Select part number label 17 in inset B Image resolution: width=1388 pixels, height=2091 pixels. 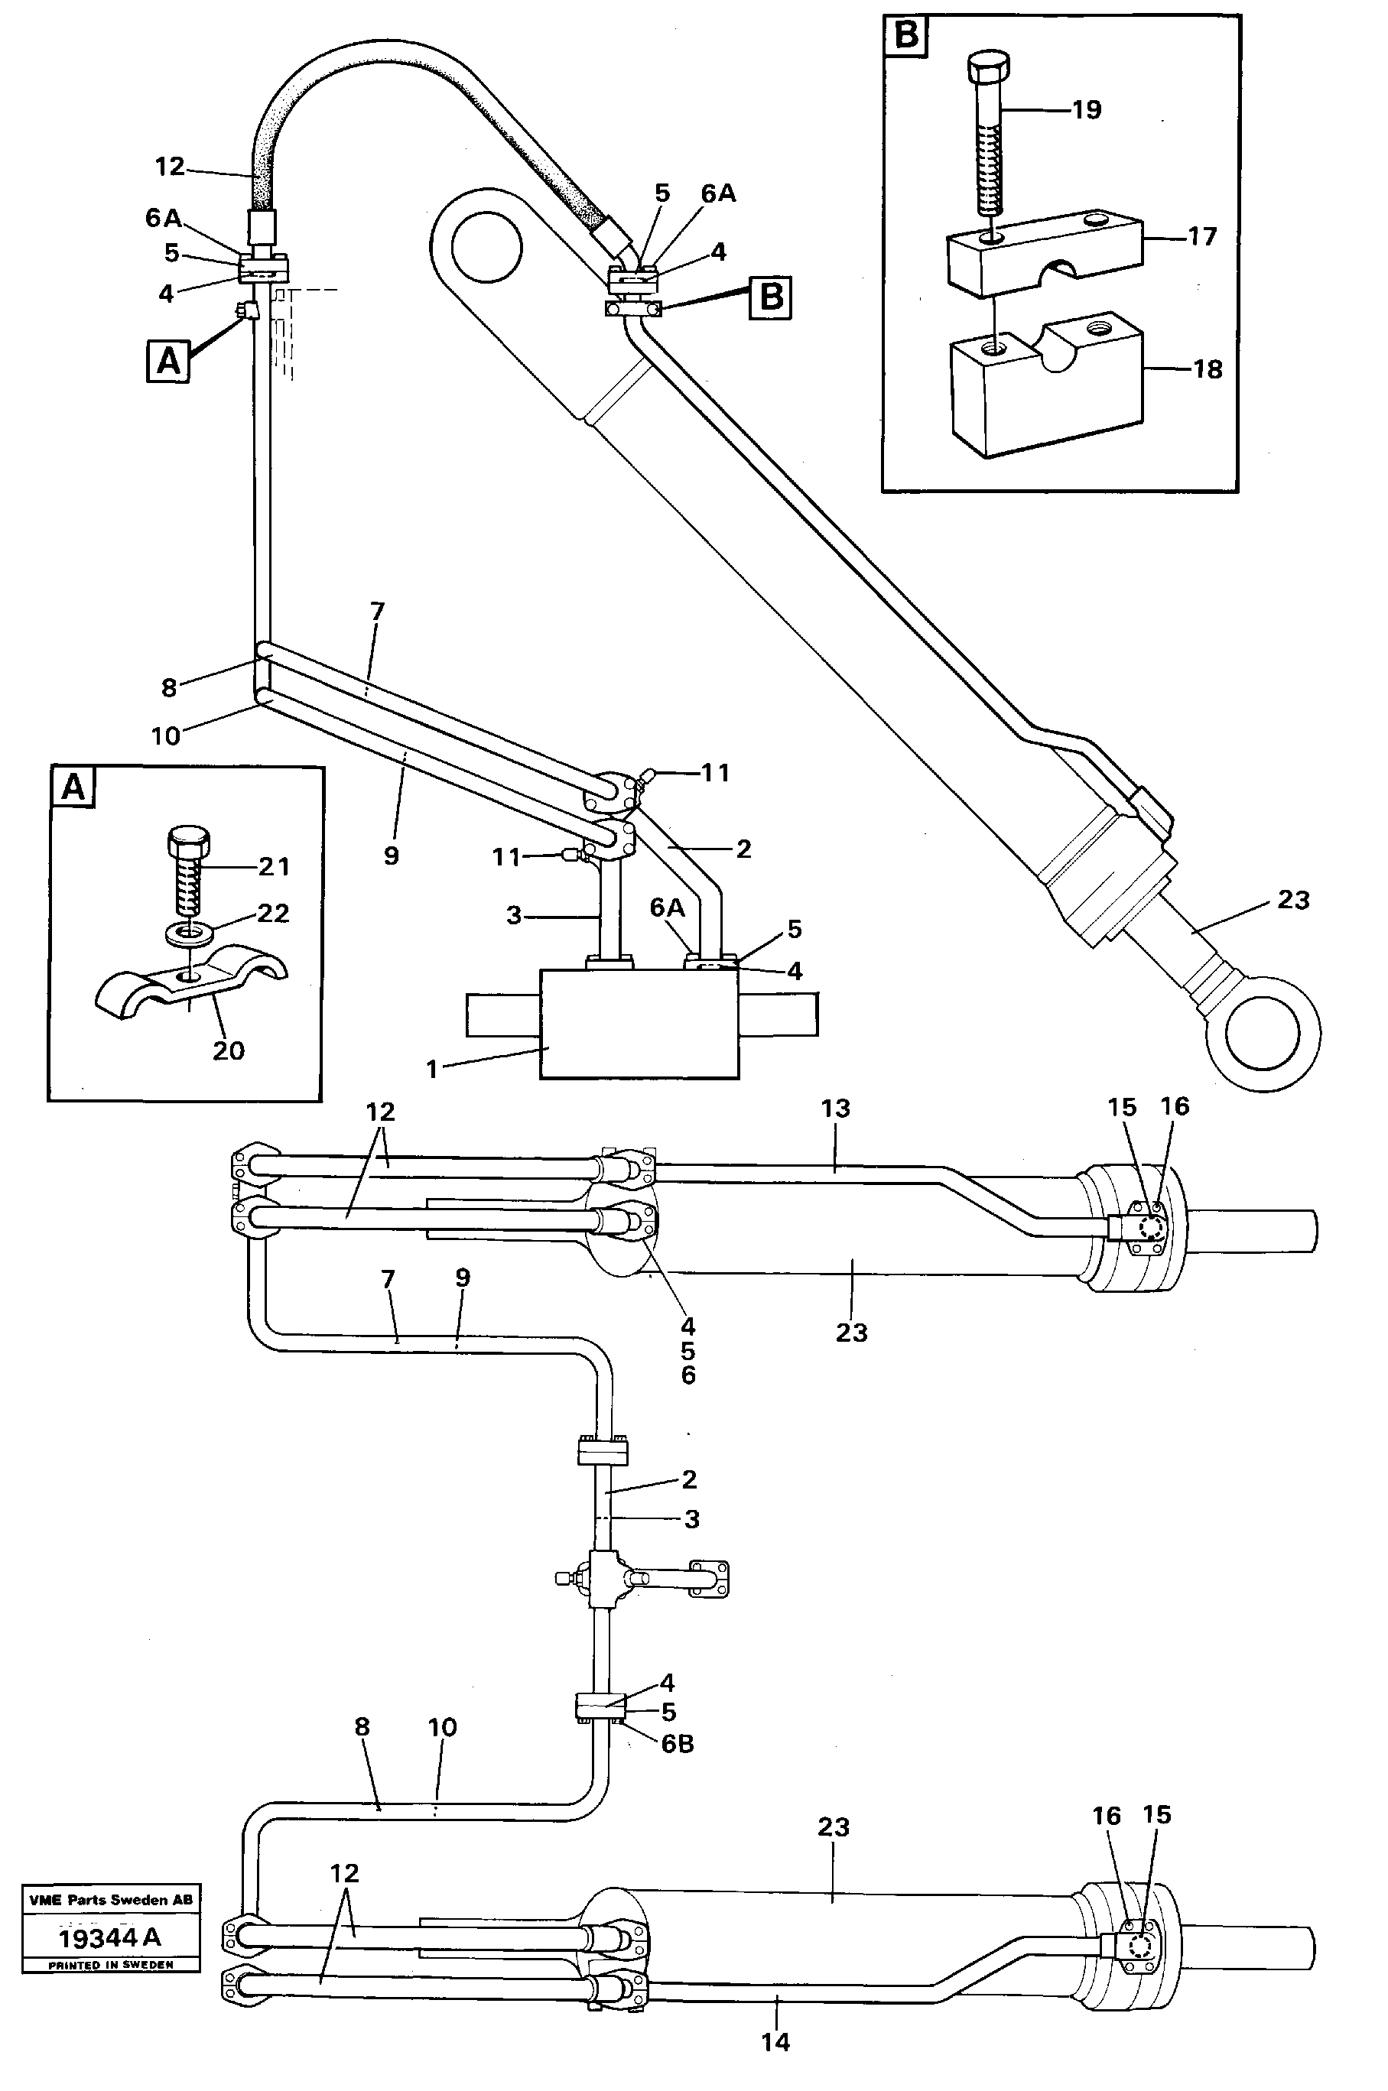(1202, 236)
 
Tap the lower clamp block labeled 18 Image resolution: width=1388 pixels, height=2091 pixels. (1045, 398)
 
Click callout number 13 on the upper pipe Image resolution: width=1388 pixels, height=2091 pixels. (835, 1109)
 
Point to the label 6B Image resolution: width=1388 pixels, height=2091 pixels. (678, 1743)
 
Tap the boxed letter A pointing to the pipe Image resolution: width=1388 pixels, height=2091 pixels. (168, 361)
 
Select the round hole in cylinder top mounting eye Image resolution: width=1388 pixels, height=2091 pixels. (485, 245)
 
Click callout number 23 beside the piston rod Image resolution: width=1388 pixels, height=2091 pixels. (1293, 900)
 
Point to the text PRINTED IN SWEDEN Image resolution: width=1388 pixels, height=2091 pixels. (111, 1964)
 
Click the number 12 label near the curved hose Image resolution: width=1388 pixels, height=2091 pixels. (169, 167)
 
